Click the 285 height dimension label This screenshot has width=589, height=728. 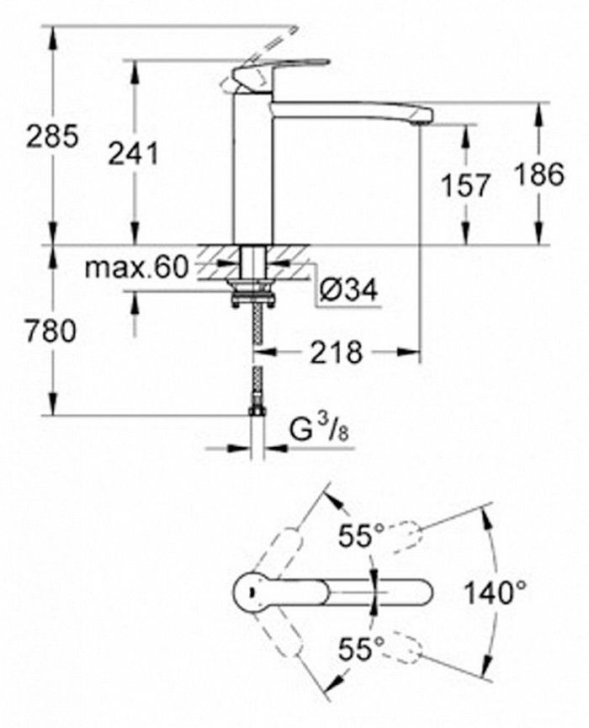pyautogui.click(x=52, y=136)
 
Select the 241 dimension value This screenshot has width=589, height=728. pyautogui.click(x=133, y=154)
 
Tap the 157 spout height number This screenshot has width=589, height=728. pyautogui.click(x=465, y=185)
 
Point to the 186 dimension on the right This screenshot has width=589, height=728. pyautogui.click(x=540, y=174)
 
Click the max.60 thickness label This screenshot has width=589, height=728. pyautogui.click(x=137, y=268)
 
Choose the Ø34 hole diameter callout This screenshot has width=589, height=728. pyautogui.click(x=348, y=290)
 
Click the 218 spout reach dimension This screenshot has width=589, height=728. pyautogui.click(x=336, y=353)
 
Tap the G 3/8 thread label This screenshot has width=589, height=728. pyautogui.click(x=320, y=430)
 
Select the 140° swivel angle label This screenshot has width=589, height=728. pyautogui.click(x=496, y=592)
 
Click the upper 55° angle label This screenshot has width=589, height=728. pyautogui.click(x=361, y=535)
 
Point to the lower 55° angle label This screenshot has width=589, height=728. pyautogui.click(x=361, y=649)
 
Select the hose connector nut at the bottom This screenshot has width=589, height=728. pyautogui.click(x=257, y=411)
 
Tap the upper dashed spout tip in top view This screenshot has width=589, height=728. pyautogui.click(x=408, y=536)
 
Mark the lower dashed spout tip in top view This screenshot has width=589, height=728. pyautogui.click(x=408, y=646)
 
